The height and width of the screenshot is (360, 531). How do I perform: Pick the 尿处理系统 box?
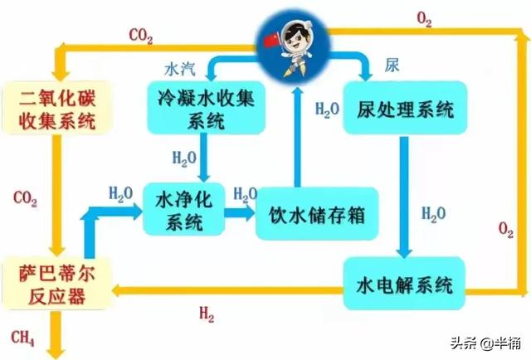402,108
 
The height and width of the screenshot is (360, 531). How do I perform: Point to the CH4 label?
23,337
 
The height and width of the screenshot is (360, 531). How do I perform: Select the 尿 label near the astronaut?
392,65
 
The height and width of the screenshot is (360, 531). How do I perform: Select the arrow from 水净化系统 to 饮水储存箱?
240,212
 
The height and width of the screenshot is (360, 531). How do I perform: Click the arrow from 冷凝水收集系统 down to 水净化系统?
202,158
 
